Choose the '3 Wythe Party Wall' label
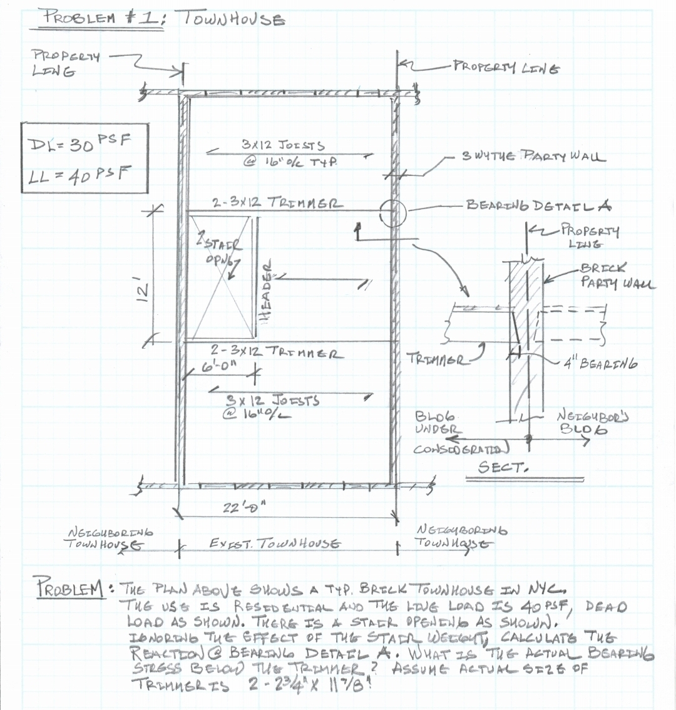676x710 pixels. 533,156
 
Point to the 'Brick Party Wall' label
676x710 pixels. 617,275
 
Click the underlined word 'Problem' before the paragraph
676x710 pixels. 69,589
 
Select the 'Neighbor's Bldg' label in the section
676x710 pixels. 585,423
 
